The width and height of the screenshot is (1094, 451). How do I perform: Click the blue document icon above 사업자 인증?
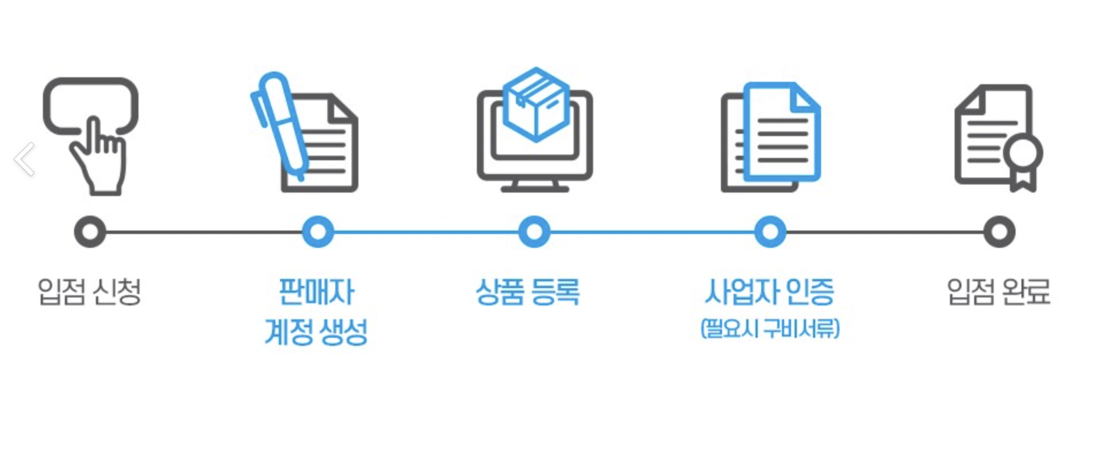coord(781,133)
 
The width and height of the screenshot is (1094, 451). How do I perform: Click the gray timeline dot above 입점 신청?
coord(90,232)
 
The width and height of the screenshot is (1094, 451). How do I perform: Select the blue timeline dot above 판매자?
coord(318,232)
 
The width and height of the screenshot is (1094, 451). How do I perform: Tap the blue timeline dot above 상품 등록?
coord(534,232)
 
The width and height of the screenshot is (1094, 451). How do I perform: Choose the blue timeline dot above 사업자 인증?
coord(770,232)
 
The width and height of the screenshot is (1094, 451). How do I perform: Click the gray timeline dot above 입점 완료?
coord(999,232)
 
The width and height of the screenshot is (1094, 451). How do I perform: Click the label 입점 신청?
coord(89,292)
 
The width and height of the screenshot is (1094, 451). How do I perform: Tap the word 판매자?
coord(317,292)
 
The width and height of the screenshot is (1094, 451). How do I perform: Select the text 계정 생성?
coord(316,332)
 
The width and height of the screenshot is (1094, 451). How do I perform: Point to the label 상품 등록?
coord(528,292)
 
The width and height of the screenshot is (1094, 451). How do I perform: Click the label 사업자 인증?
coord(769,292)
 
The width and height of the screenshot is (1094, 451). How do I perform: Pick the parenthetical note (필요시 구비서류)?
coord(770,329)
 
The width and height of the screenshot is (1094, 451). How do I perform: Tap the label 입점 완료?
coord(999,292)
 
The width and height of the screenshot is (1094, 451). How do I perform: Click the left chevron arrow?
coord(25,159)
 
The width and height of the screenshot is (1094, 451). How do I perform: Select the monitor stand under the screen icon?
coord(535,186)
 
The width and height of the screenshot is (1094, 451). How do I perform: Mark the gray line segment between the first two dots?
coord(203,232)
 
